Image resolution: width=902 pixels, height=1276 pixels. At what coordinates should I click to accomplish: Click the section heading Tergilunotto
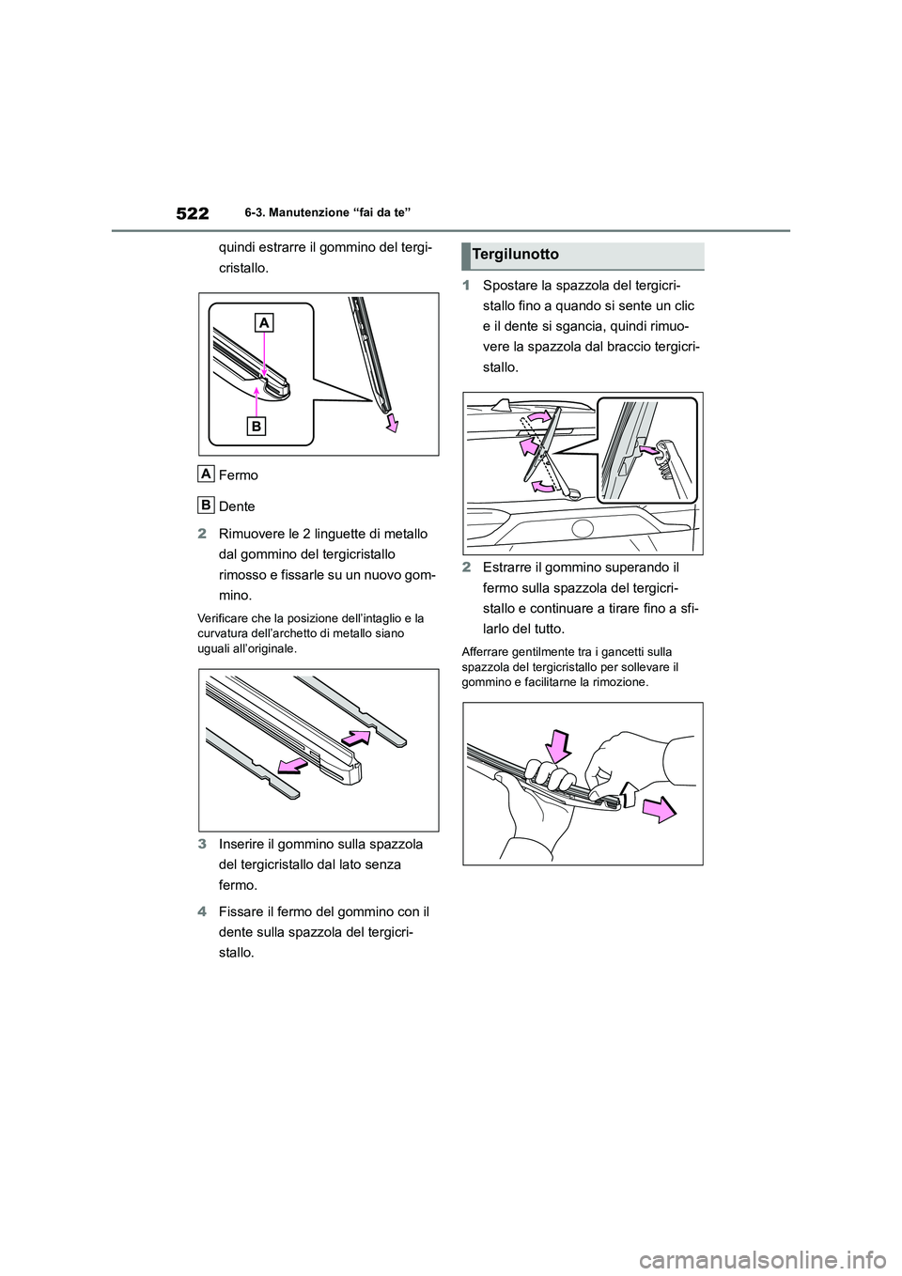click(x=516, y=255)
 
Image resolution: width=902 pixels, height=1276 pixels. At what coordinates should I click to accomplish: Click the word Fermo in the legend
click(x=238, y=475)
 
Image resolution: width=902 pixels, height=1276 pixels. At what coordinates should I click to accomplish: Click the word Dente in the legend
click(x=237, y=506)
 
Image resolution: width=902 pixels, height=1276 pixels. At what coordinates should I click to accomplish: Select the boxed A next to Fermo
click(x=206, y=473)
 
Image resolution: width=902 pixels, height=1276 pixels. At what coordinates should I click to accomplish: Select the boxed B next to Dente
click(x=206, y=505)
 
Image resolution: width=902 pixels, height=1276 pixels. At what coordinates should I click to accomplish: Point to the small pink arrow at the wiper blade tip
click(x=392, y=425)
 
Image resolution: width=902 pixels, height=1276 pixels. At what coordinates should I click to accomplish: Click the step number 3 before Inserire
click(x=202, y=843)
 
